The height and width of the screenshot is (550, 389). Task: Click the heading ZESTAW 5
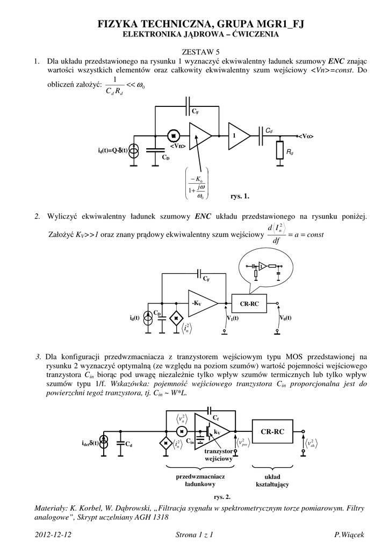tap(194, 52)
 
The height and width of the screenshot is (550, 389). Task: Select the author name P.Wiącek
tap(349, 534)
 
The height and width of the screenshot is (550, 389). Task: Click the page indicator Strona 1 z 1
tap(195, 534)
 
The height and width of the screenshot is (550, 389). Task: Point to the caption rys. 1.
tap(240, 196)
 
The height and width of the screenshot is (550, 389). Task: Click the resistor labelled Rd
tap(280, 150)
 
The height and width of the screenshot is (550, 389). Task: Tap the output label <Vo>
tap(306, 136)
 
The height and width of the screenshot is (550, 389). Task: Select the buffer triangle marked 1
tap(237, 135)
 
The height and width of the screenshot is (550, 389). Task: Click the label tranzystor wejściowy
tap(218, 455)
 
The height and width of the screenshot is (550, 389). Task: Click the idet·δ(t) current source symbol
tap(105, 443)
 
